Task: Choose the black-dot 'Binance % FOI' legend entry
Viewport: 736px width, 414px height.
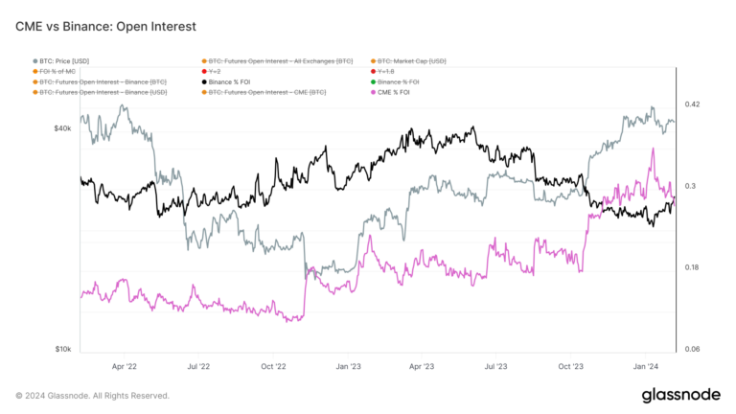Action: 239,82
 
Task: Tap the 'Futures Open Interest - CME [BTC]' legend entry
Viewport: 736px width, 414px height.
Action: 271,93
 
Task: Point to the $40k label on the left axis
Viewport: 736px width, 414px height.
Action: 63,127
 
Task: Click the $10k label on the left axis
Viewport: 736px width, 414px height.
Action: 63,350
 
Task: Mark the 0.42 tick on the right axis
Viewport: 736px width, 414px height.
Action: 691,104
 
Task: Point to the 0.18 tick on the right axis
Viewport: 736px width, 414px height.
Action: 691,267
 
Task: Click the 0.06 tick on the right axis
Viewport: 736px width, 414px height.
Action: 691,350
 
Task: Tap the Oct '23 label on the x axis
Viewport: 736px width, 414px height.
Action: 570,366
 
